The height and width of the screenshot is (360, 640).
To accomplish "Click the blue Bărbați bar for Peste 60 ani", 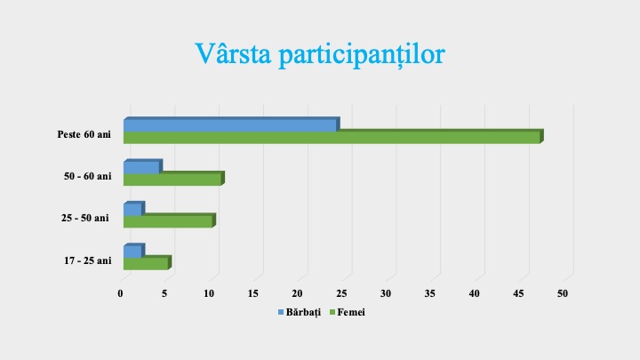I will (229, 125).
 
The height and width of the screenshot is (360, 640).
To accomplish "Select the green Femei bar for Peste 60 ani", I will (331, 137).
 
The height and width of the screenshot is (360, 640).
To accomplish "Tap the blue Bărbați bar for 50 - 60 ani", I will (140, 167).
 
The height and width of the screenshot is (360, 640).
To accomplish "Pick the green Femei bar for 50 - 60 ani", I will (172, 179).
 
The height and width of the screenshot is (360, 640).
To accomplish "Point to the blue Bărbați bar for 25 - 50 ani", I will (132, 210).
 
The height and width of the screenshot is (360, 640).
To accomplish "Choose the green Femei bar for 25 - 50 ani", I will (167, 220).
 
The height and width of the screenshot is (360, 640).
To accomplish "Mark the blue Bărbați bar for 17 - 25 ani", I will (132, 252).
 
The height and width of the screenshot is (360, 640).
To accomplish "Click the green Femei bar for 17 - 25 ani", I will (145, 263).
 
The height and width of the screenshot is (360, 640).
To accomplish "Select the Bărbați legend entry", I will (301, 313).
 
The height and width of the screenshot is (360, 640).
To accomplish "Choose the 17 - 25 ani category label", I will (88, 260).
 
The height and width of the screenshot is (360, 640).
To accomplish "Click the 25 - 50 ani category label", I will (86, 218).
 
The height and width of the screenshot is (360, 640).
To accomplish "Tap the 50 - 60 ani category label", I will (88, 176).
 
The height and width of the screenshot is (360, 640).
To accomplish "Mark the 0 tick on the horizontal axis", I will (122, 292).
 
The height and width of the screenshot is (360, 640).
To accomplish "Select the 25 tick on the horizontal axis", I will (342, 292).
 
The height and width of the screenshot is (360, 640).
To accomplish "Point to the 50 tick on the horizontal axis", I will (563, 292).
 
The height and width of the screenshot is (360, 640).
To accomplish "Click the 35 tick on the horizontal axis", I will (430, 292).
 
